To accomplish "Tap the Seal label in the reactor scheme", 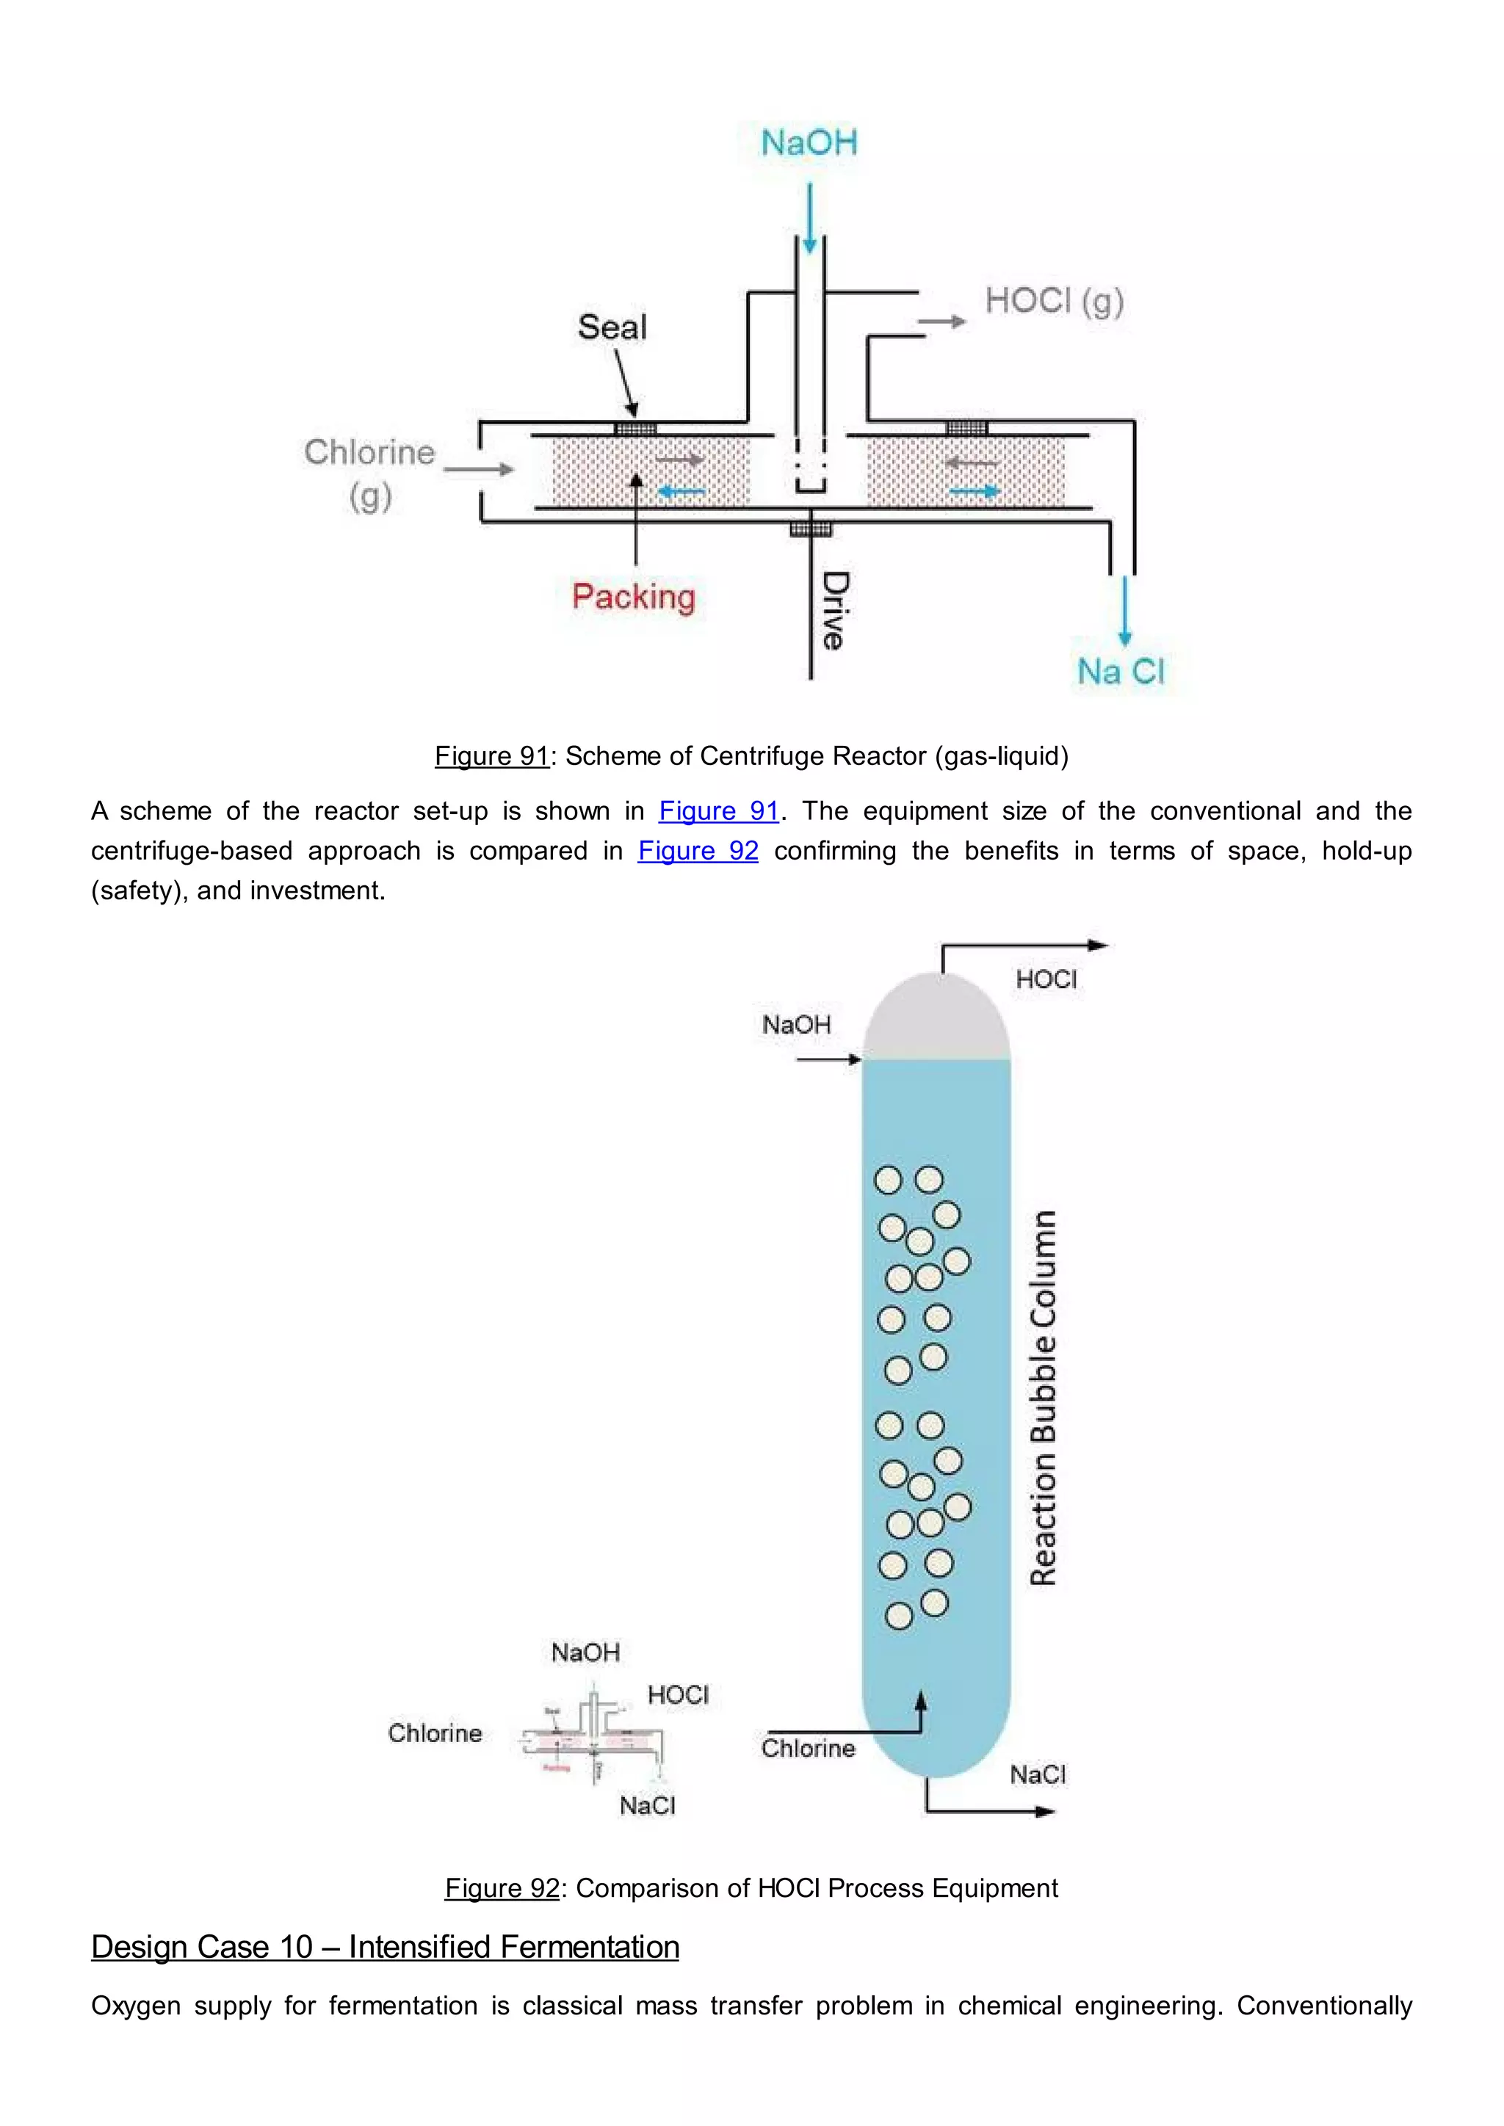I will tap(612, 327).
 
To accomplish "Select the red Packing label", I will tap(634, 596).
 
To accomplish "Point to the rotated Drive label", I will tap(834, 610).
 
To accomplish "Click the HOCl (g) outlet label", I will tap(1054, 300).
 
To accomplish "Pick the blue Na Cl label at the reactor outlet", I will tap(1121, 671).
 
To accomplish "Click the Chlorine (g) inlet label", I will tap(369, 472).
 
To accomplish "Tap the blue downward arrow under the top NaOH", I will tap(809, 217).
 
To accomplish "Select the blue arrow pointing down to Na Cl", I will tap(1124, 611).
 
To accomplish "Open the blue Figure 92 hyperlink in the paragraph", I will tap(698, 851).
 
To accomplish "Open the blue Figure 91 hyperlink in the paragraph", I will tap(719, 811).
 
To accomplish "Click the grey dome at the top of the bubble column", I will tap(936, 1018).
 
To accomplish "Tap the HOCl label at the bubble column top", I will tap(1046, 979).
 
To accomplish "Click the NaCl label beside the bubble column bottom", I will tap(1037, 1775).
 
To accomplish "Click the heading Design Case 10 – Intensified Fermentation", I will tap(386, 1946).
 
